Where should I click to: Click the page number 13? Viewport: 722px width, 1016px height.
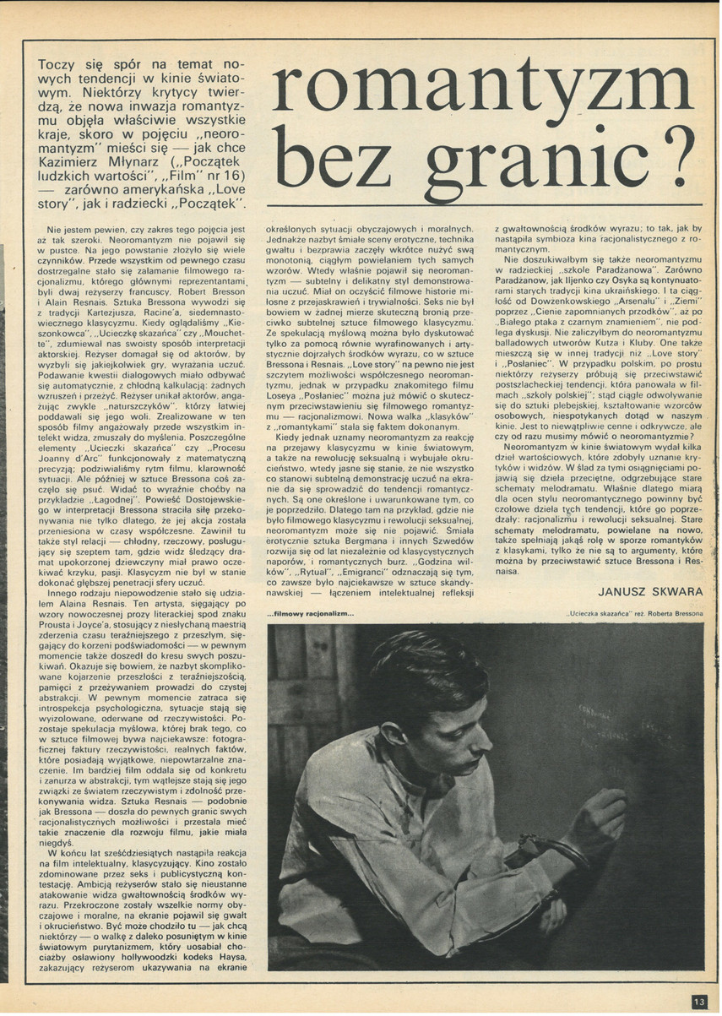[x=698, y=1001]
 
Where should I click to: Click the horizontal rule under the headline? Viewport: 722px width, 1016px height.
[x=480, y=206]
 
